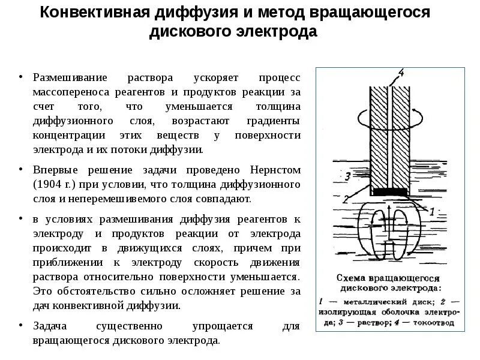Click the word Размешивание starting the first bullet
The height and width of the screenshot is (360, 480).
pyautogui.click(x=70, y=78)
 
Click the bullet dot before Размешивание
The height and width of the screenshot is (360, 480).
pyautogui.click(x=20, y=78)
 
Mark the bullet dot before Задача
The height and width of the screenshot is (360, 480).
pyautogui.click(x=20, y=326)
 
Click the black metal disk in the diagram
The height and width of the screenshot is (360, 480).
pyautogui.click(x=389, y=192)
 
